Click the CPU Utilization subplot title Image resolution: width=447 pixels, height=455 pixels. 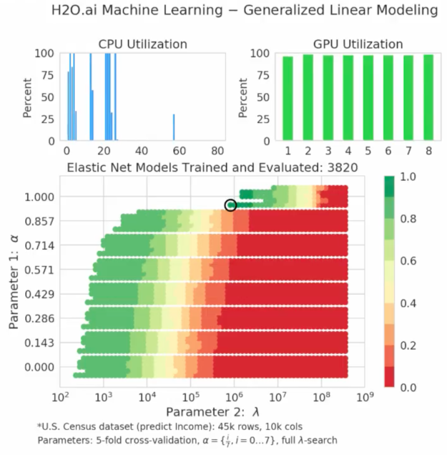[x=142, y=44]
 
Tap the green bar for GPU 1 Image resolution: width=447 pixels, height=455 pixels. [x=288, y=99]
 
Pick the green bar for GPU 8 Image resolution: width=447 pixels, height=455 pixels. [x=428, y=97]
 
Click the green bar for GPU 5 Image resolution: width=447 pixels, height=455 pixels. [x=368, y=98]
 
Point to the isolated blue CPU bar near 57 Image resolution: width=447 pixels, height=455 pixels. [x=174, y=127]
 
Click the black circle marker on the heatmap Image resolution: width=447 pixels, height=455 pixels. [x=230, y=205]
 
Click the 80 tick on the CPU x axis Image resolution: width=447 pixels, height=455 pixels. [x=217, y=151]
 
